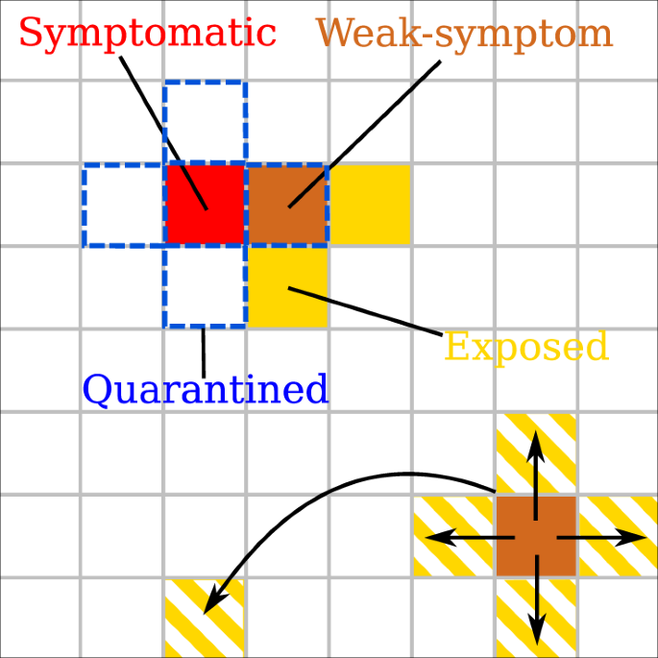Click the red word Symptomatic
tap(147, 34)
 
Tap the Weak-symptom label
tap(464, 34)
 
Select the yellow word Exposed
tap(526, 347)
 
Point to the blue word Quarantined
tap(206, 389)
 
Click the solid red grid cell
tap(205, 204)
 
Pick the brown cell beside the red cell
tap(287, 204)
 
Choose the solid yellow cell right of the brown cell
tap(370, 204)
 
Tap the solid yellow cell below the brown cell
tap(287, 286)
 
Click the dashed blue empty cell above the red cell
tap(205, 122)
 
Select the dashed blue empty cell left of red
tap(123, 204)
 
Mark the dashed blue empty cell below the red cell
tap(205, 286)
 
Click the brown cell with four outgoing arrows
tap(536, 536)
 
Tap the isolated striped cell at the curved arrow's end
tap(204, 618)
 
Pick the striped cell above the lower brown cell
tap(536, 454)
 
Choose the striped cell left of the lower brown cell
tap(453, 536)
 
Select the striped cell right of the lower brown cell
tap(618, 536)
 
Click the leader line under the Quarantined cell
tap(203, 353)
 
